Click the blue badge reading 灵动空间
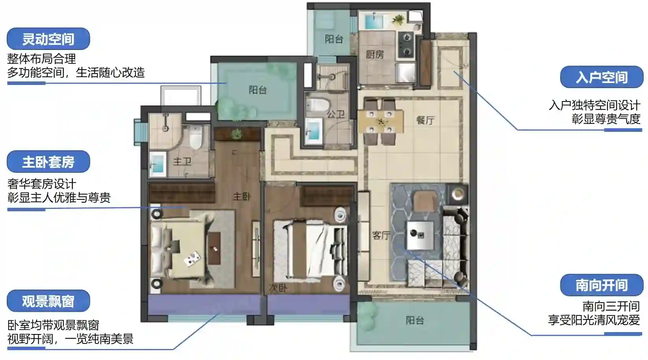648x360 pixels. (48, 39)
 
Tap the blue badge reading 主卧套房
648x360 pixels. (48, 162)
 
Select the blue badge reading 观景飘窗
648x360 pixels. (48, 301)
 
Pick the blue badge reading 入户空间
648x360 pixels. (602, 77)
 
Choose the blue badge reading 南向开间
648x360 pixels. (602, 285)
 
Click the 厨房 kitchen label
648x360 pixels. (375, 54)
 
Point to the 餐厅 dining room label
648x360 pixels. (425, 120)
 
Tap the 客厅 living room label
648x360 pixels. (381, 235)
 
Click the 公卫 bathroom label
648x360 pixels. (335, 114)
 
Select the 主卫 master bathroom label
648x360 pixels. (182, 161)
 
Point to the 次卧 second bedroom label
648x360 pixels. (278, 288)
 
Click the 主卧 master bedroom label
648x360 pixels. (242, 197)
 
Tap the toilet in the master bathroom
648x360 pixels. (196, 137)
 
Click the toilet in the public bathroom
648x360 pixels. (318, 105)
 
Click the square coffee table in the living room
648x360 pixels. (420, 235)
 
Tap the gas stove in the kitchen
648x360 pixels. (407, 45)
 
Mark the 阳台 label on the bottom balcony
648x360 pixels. (415, 320)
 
